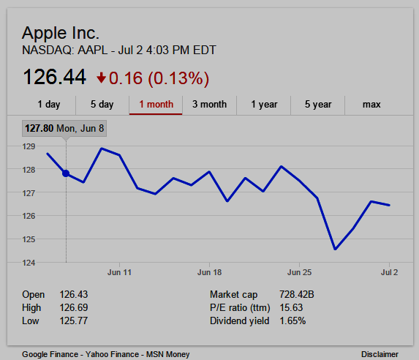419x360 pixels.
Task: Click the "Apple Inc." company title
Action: coord(61,33)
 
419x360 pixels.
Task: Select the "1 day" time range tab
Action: coord(49,105)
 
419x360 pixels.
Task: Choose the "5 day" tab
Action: coord(102,105)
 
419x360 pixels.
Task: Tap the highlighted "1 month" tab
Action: coord(156,105)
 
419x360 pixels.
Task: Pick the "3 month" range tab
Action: coord(209,105)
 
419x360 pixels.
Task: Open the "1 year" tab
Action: coord(264,105)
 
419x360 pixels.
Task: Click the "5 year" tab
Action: coord(318,105)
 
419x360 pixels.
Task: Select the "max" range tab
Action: coord(371,105)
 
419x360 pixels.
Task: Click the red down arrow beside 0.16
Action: coord(101,78)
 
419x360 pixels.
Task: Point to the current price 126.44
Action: coord(55,77)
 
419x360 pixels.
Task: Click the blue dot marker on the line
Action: coord(66,173)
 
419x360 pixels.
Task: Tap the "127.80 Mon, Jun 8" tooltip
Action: coord(64,128)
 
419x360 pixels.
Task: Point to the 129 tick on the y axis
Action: coord(29,146)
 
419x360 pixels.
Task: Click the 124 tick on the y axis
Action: coord(29,263)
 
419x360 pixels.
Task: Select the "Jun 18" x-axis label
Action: coord(209,272)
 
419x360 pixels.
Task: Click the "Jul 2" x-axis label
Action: coord(389,272)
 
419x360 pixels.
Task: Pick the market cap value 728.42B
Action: coord(297,294)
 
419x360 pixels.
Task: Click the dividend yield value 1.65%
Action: coord(292,320)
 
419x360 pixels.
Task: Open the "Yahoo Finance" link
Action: coord(112,354)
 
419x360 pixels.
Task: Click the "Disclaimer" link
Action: coord(380,354)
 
